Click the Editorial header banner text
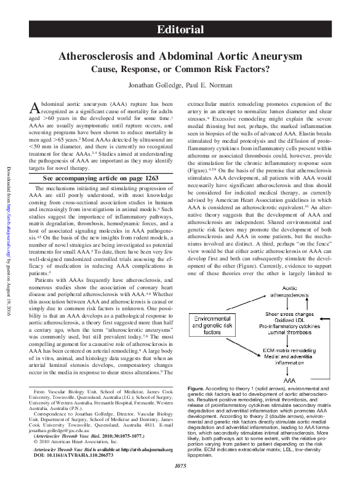(x=180, y=30)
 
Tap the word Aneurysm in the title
(x=273, y=56)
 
